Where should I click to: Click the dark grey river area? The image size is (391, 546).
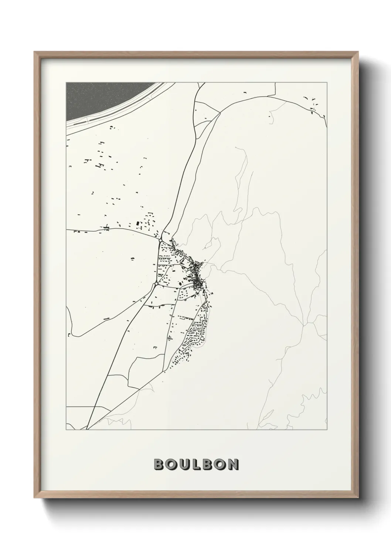click(100, 98)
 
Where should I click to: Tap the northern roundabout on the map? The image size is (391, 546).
click(160, 241)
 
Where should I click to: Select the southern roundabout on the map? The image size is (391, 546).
click(156, 284)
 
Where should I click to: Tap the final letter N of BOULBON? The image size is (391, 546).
click(233, 464)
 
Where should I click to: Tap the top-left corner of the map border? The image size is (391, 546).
click(66, 82)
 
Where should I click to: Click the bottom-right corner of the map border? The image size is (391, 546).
click(327, 430)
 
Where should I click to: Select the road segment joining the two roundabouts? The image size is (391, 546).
click(158, 262)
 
